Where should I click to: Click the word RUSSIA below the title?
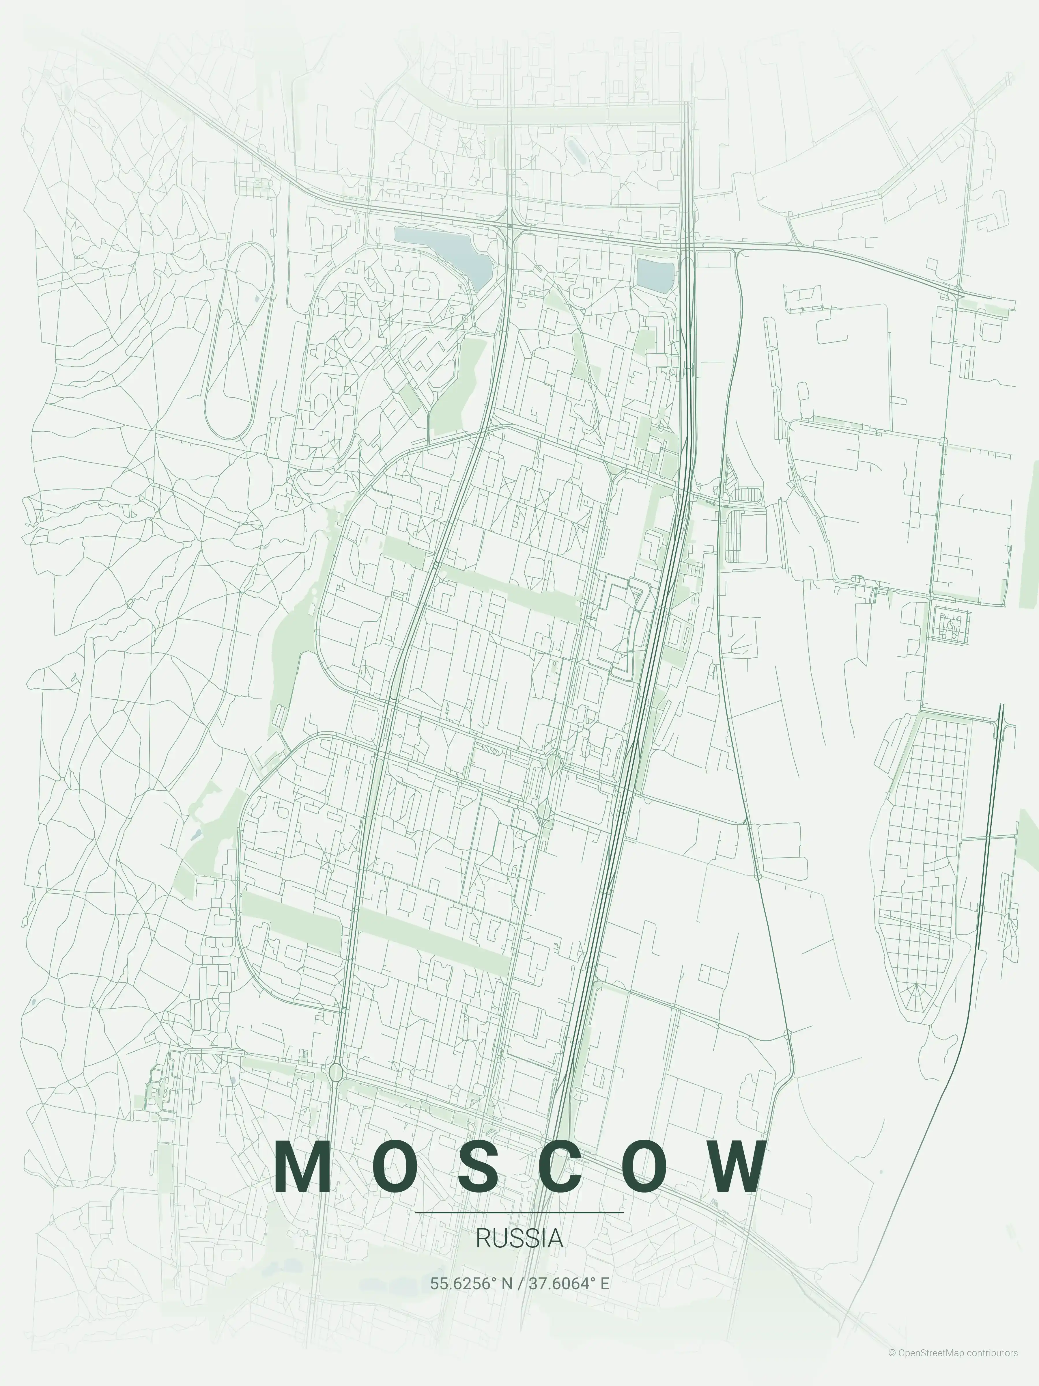[519, 1239]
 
